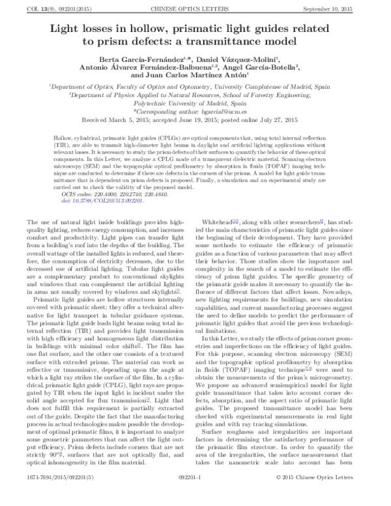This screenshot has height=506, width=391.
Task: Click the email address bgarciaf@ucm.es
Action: pos(239,112)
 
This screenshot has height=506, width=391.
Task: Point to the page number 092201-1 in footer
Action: pos(195,496)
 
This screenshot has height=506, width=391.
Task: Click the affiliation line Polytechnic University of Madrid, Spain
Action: pos(195,103)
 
